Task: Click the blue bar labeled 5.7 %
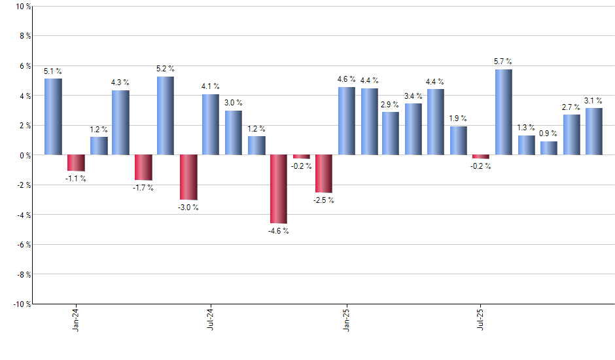(504, 112)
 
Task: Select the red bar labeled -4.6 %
(279, 189)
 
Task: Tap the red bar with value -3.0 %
(188, 177)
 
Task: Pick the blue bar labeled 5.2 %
(166, 116)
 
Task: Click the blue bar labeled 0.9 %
(549, 148)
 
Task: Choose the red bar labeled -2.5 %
(324, 173)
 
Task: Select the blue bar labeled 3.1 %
(594, 132)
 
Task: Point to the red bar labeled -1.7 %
(143, 168)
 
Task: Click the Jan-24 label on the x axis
(76, 319)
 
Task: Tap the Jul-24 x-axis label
(211, 319)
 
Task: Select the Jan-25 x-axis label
(346, 319)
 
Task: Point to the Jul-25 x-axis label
(481, 319)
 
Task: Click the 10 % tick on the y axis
(22, 7)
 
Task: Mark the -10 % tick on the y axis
(21, 304)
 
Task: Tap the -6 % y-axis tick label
(22, 244)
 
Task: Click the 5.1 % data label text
(53, 71)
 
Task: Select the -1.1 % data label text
(76, 179)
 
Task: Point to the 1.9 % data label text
(459, 118)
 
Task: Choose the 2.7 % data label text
(571, 107)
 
